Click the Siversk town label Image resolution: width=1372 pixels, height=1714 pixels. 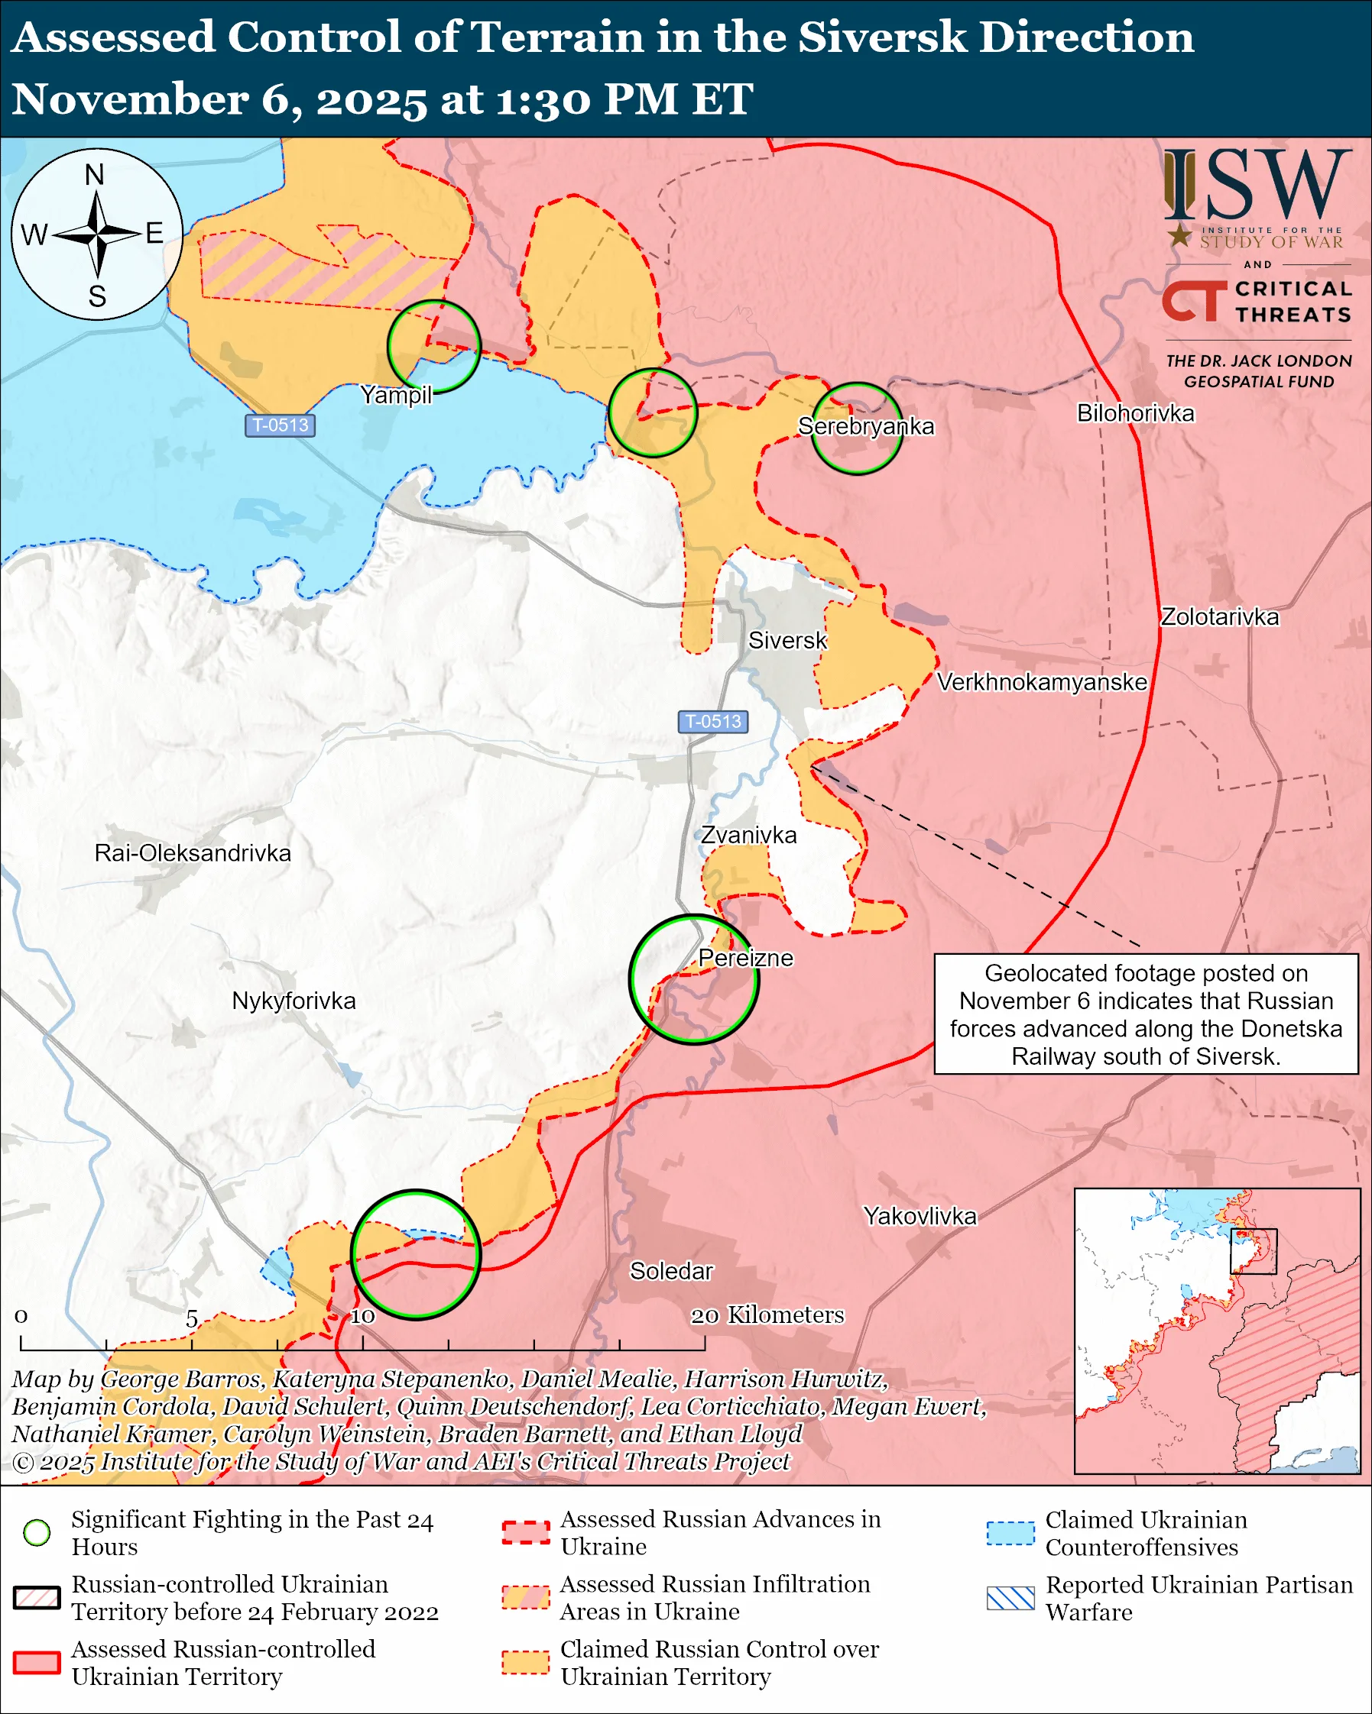[787, 640]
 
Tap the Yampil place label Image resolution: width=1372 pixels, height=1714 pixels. [396, 394]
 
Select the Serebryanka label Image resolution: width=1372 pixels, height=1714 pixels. [865, 426]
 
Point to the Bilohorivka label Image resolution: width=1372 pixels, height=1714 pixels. [1135, 413]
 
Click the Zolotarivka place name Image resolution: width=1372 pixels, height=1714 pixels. [1219, 617]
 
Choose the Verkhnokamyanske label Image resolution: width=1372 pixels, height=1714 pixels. [1041, 682]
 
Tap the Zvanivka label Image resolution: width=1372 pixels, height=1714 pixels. [748, 835]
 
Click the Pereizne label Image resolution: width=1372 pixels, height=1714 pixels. [745, 958]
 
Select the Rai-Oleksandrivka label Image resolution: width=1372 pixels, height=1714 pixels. [193, 853]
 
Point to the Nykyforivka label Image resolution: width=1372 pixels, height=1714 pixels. [294, 1000]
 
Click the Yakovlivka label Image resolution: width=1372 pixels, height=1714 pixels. [920, 1215]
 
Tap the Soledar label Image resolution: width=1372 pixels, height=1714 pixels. [671, 1270]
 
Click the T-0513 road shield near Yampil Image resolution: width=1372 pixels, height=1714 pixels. [280, 425]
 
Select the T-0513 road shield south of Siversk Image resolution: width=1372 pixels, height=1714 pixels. [712, 721]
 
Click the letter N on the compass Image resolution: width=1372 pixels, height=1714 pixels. [95, 175]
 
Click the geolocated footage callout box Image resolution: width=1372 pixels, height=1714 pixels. [1145, 1014]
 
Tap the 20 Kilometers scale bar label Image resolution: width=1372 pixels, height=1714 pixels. [767, 1315]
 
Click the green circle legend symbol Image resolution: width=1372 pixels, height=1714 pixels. [37, 1532]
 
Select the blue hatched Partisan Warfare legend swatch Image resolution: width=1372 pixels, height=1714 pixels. [1010, 1598]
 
